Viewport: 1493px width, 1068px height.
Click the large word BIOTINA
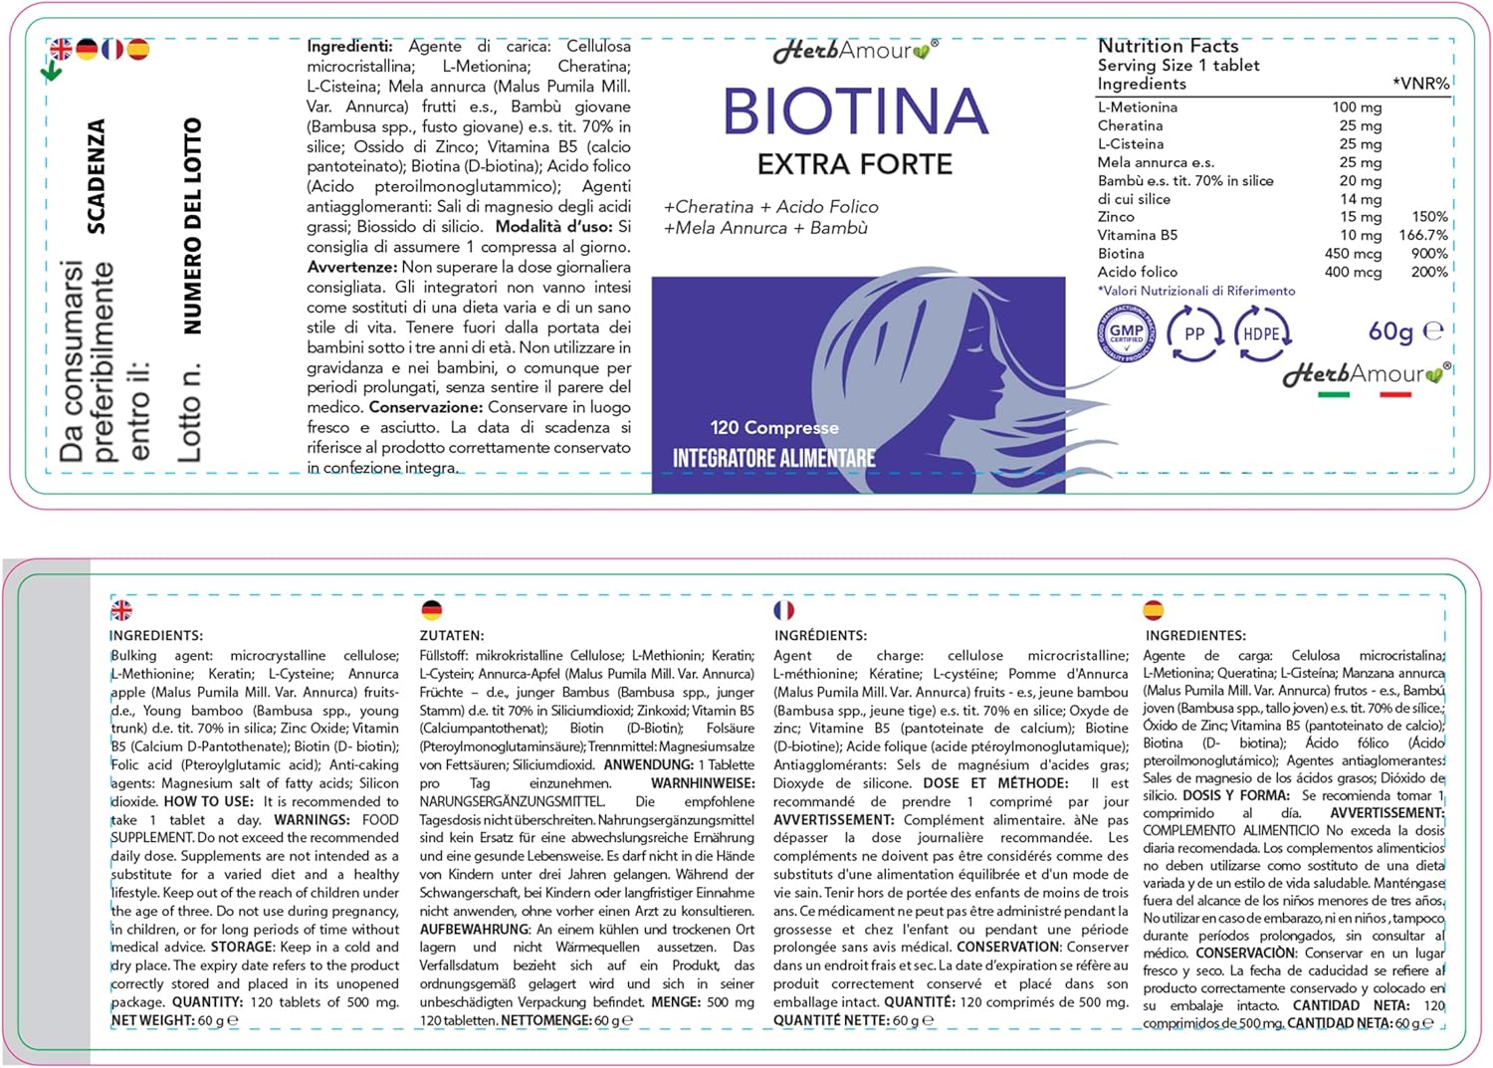click(x=855, y=111)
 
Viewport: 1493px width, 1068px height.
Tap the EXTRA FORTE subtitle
click(x=854, y=164)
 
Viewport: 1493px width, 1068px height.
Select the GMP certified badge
click(x=1126, y=333)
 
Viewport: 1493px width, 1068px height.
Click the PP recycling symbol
click(x=1194, y=334)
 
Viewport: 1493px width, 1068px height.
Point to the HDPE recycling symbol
click(x=1261, y=334)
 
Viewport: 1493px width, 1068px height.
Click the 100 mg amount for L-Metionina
click(x=1357, y=107)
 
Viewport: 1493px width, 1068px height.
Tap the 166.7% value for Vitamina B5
click(x=1423, y=236)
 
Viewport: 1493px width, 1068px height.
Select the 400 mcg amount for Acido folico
click(x=1353, y=273)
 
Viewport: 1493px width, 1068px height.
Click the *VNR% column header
click(x=1420, y=85)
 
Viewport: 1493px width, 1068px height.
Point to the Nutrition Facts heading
click(x=1168, y=46)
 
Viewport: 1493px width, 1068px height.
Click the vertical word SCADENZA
click(x=97, y=176)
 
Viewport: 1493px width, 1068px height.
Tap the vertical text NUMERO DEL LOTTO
click(x=192, y=226)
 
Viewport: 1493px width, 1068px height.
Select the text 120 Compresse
click(x=774, y=428)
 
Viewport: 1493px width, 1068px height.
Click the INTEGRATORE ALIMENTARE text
click(x=773, y=459)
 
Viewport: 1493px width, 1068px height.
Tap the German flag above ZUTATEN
click(x=432, y=610)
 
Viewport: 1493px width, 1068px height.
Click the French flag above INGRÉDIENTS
click(x=784, y=610)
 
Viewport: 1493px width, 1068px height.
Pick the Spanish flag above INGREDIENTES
click(x=1154, y=610)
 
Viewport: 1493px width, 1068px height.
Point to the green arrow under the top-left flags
click(x=52, y=72)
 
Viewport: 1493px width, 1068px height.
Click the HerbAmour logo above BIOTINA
click(x=854, y=51)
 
